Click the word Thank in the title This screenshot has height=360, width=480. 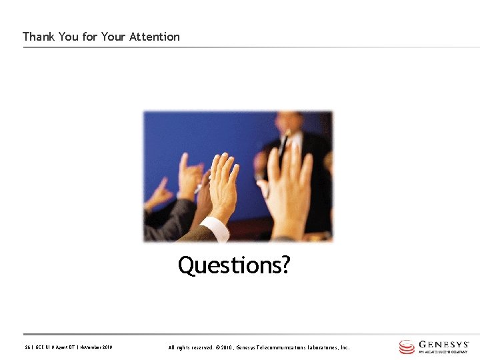coord(39,37)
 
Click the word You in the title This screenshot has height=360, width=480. coord(68,37)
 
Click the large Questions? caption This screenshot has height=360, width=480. coord(233,265)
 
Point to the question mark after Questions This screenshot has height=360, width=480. coord(285,265)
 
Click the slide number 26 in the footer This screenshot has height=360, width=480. coord(27,347)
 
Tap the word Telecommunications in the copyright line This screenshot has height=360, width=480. coord(281,347)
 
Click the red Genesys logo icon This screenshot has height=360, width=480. coord(407,347)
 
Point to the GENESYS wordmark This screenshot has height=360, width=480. coord(444,344)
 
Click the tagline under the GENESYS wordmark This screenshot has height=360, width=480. coord(443,352)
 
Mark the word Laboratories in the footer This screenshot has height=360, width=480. coord(323,347)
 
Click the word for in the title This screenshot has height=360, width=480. coord(90,37)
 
